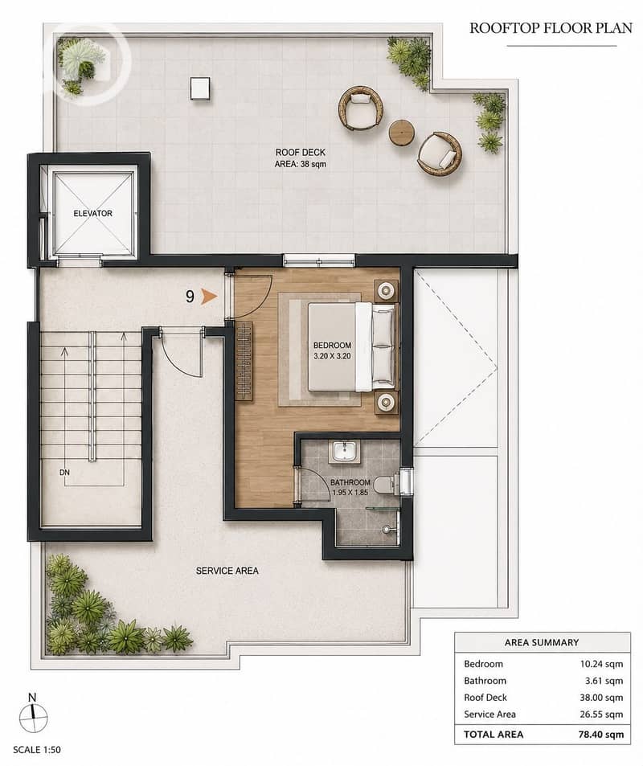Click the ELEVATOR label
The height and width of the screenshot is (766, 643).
coord(93,214)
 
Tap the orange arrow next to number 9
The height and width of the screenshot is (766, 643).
coord(209,296)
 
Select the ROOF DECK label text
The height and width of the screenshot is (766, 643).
coord(300,153)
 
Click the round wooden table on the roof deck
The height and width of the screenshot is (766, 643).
coord(402,132)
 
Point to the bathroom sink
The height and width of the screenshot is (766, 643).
coord(346,451)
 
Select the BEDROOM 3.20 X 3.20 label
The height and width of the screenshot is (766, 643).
coord(332,350)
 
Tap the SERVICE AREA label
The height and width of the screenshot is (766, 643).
coord(227,571)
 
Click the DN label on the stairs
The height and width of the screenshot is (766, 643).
coord(64,473)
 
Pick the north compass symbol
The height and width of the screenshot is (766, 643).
coord(33,715)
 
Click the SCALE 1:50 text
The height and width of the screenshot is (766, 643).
coord(37,749)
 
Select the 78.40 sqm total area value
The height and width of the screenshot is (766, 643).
coord(600,734)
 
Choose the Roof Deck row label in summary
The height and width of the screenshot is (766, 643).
coord(485,698)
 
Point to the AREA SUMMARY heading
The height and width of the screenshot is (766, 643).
coord(542,642)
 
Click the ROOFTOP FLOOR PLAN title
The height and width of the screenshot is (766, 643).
coord(551,28)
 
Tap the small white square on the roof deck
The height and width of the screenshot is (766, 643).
coord(200,88)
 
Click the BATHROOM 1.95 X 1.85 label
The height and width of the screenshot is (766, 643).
coord(350,488)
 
